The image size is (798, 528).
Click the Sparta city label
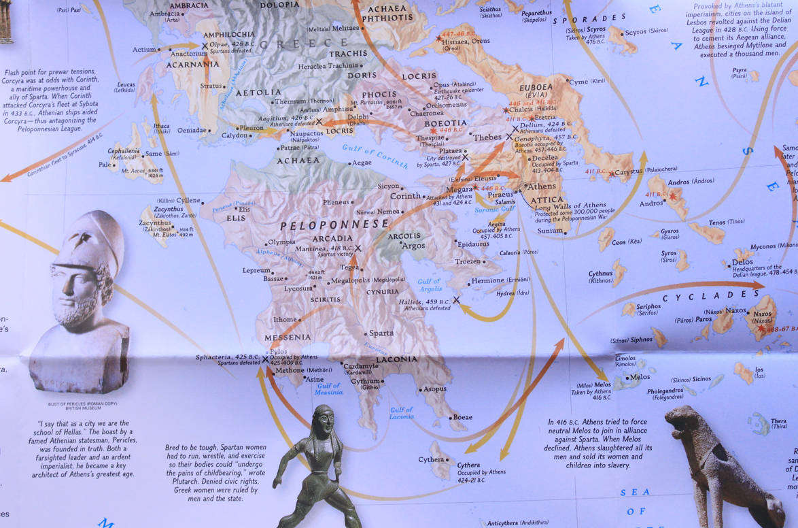[x=381, y=333]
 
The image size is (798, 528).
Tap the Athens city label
[x=542, y=186]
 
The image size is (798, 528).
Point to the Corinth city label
[x=405, y=196]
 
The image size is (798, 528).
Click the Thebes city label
[x=487, y=137]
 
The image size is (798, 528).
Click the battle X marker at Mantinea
[x=358, y=249]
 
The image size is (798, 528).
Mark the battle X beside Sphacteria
[x=265, y=359]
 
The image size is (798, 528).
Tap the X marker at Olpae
[x=205, y=46]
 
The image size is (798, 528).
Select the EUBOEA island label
[x=536, y=88]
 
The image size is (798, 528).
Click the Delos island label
[x=742, y=262]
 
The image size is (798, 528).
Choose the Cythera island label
[x=431, y=460]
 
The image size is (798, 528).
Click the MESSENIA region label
[x=292, y=337]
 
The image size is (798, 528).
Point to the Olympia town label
[x=281, y=242]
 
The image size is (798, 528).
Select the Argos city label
[x=414, y=246]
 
